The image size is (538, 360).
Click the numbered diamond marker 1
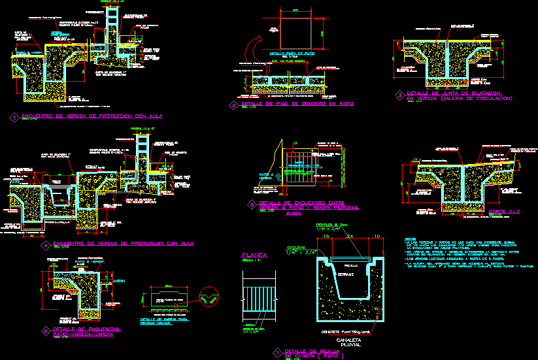(15, 118)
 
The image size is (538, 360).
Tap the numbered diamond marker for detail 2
(234, 105)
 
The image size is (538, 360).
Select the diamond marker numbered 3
(399, 95)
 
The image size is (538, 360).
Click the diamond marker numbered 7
(277, 352)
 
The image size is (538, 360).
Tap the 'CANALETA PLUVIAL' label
(348, 343)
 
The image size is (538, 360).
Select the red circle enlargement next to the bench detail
(211, 298)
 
